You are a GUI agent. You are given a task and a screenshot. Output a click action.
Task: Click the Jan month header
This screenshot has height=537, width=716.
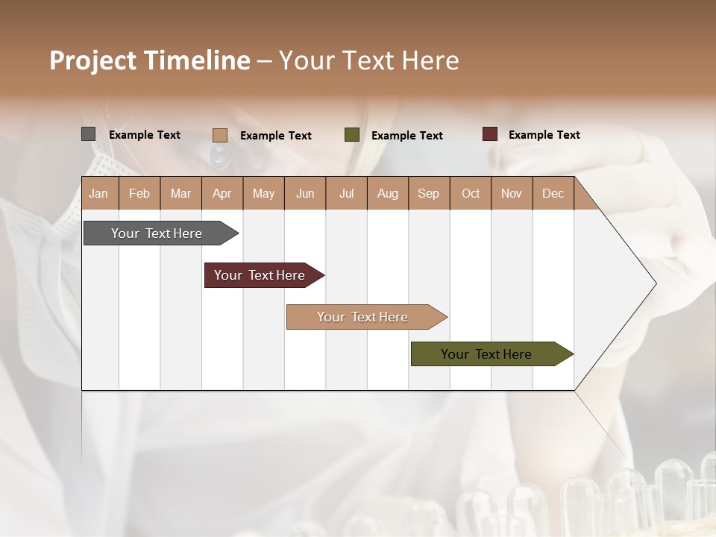click(98, 194)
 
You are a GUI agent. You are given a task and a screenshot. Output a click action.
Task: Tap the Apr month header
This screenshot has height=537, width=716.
click(222, 194)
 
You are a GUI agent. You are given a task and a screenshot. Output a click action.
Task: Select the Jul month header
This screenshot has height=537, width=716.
click(346, 194)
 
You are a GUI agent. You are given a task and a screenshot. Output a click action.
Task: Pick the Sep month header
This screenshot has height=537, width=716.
click(428, 194)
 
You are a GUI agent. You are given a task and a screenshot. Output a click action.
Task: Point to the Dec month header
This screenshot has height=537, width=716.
click(553, 194)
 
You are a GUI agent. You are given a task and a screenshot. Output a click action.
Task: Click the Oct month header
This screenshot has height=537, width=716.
click(470, 194)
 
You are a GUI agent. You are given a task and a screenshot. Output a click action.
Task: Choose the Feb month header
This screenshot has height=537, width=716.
click(139, 194)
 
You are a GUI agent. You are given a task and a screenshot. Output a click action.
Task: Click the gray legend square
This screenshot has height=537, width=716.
click(88, 134)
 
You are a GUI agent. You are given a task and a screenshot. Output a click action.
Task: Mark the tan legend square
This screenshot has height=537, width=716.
click(219, 135)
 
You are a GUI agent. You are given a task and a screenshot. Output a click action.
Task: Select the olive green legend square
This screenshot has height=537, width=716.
click(352, 135)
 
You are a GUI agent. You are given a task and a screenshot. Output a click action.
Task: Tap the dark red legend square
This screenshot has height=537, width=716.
click(490, 134)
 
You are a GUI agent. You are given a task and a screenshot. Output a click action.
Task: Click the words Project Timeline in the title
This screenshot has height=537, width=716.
click(149, 60)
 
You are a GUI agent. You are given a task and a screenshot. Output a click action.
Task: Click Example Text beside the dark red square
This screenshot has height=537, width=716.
click(544, 135)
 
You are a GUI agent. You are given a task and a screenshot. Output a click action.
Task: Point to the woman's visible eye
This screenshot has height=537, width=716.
click(222, 154)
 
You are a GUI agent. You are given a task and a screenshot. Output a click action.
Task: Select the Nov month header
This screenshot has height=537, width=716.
click(511, 194)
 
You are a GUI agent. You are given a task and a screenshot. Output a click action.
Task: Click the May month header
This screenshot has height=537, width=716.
click(263, 194)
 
